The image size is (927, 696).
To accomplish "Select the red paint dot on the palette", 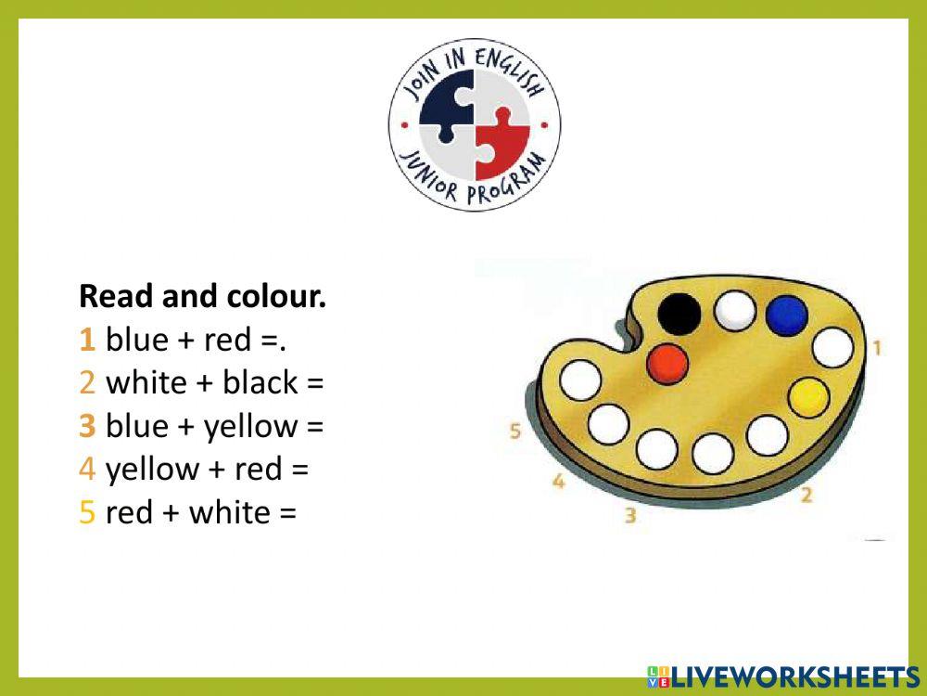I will tap(668, 362).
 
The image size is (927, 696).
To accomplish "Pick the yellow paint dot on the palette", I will tap(808, 396).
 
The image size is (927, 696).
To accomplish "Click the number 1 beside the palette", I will tap(876, 348).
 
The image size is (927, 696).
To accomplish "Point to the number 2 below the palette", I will tap(806, 495).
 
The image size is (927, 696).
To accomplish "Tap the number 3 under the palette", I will tap(630, 515).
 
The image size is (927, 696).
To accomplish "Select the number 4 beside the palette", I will tap(559, 481).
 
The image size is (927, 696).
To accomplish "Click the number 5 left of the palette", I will tap(515, 431).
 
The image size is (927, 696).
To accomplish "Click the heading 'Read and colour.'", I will tap(203, 297).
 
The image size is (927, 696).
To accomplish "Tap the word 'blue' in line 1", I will tap(137, 340).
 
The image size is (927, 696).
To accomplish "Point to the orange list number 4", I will tap(88, 469).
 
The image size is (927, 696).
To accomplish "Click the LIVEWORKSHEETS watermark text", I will tap(793, 676).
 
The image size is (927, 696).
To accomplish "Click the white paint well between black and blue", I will tap(735, 309).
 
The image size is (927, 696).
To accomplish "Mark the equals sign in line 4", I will tap(299, 470).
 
